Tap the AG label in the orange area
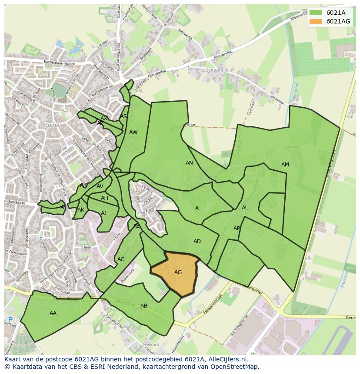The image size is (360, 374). tap(178, 272)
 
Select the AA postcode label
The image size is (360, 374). tap(53, 313)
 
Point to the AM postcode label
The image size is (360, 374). tap(285, 165)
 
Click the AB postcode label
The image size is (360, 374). tap(144, 306)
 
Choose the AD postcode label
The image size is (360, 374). tap(197, 242)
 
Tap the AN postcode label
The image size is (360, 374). tap(189, 163)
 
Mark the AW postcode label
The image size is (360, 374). tap(133, 132)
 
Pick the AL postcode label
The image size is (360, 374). tap(245, 208)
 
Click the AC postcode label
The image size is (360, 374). tap(121, 259)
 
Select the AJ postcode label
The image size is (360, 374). tap(103, 213)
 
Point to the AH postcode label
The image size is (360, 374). tap(104, 198)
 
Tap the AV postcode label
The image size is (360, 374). tap(100, 187)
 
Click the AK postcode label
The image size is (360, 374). tap(81, 210)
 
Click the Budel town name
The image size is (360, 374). tap(51, 125)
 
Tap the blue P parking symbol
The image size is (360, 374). tap(10, 320)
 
